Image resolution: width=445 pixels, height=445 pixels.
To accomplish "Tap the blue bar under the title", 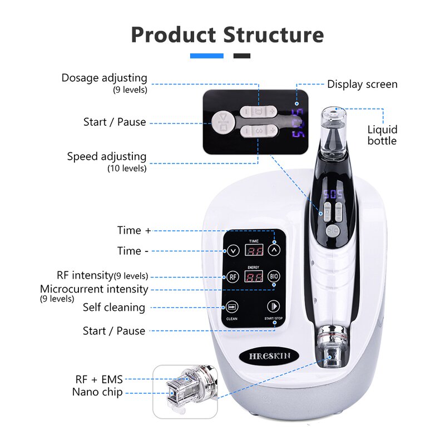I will pyautogui.click(x=206, y=56).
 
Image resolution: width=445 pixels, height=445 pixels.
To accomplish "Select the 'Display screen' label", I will pyautogui.click(x=362, y=85).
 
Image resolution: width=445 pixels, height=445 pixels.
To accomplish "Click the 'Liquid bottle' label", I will pyautogui.click(x=382, y=135).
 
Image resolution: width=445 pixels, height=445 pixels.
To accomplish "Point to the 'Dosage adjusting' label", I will pyautogui.click(x=105, y=78).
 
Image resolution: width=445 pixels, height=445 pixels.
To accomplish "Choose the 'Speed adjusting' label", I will pyautogui.click(x=107, y=156).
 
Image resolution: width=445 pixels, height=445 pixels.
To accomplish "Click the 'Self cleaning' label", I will pyautogui.click(x=114, y=307).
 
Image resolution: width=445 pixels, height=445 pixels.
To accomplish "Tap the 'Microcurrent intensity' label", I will pyautogui.click(x=94, y=289).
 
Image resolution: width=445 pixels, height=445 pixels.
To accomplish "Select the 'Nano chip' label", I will pyautogui.click(x=97, y=392).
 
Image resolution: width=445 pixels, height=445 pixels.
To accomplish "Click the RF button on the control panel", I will pyautogui.click(x=232, y=277).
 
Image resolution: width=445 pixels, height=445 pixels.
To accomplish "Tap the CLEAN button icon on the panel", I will pyautogui.click(x=232, y=306).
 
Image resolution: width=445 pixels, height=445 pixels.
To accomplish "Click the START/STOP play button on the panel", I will pyautogui.click(x=273, y=306).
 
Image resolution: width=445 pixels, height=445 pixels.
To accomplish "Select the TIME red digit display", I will pyautogui.click(x=253, y=251).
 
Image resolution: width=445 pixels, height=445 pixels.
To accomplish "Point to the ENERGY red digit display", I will pyautogui.click(x=253, y=277).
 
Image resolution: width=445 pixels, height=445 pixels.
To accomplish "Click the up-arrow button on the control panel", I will pyautogui.click(x=274, y=250).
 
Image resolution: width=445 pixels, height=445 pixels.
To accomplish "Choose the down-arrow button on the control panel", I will pyautogui.click(x=232, y=250).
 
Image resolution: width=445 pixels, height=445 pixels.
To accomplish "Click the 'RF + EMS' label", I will pyautogui.click(x=99, y=379).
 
